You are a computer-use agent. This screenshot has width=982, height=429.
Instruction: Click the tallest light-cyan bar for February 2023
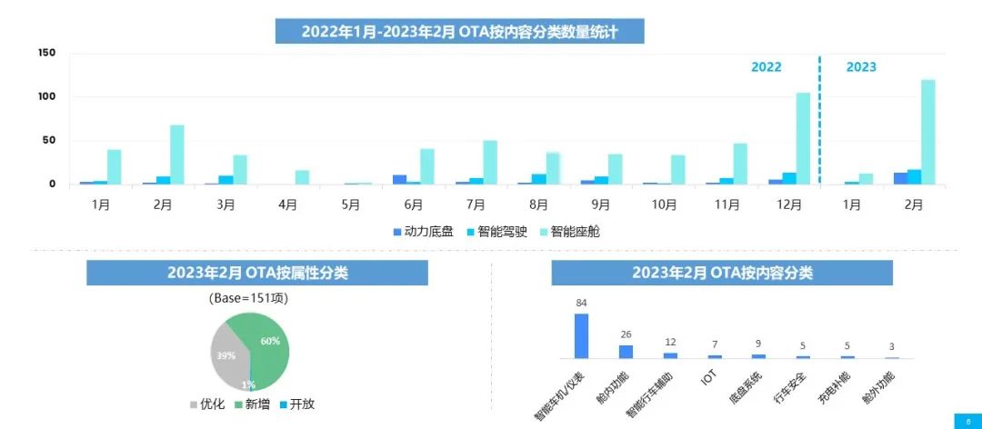[x=928, y=133]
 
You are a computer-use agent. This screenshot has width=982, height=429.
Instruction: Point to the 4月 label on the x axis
[x=288, y=205]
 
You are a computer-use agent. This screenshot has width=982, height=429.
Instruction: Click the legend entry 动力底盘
[x=423, y=232]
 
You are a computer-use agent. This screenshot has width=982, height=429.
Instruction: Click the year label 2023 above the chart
[x=861, y=66]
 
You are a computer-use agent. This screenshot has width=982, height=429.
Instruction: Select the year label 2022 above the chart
[x=766, y=66]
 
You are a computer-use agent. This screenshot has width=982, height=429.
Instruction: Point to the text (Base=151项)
[x=249, y=297]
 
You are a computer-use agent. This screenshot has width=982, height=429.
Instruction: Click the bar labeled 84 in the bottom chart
[x=581, y=335]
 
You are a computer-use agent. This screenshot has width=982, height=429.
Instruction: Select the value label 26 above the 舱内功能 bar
[x=626, y=334]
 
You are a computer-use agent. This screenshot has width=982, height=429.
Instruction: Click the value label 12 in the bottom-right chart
[x=670, y=342]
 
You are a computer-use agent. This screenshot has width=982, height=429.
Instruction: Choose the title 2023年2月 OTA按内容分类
[x=722, y=273]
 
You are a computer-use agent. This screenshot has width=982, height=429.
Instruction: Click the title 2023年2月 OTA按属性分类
[x=257, y=273]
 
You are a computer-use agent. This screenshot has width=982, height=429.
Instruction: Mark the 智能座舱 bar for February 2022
[x=177, y=155]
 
